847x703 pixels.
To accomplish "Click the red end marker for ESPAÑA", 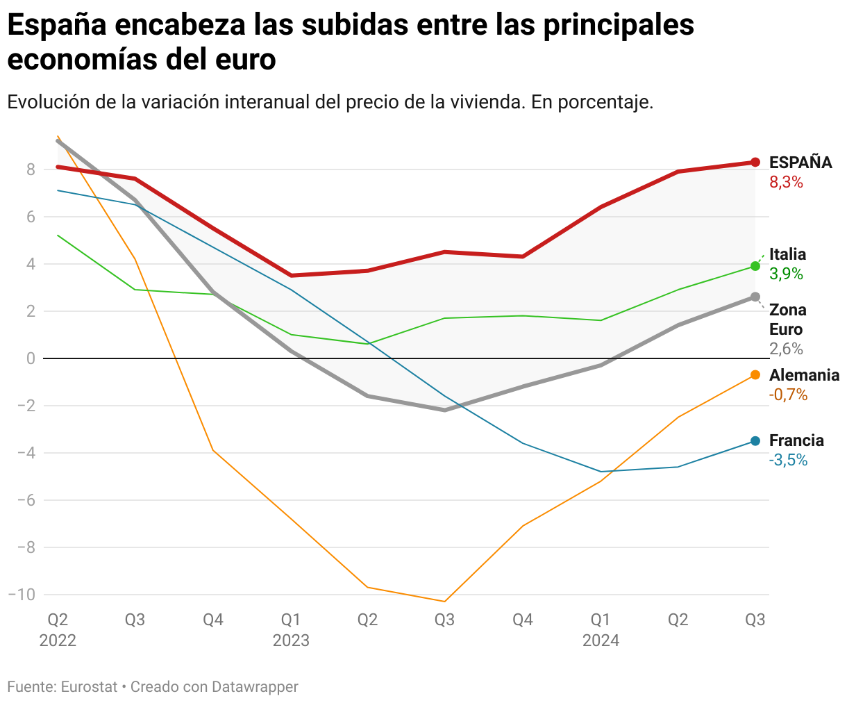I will coord(755,163).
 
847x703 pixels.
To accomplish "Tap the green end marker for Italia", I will coord(755,266).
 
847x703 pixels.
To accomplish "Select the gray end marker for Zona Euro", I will coord(755,297).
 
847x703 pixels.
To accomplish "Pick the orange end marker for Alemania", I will coord(755,375).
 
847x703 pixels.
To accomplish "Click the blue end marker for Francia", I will coord(755,441).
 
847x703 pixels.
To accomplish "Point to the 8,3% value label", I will coord(786,183).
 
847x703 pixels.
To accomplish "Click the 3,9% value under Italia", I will coord(786,274).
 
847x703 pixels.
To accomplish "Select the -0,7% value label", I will coord(788,395).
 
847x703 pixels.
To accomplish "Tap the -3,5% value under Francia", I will coord(788,460).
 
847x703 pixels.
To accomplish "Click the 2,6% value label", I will coord(786,349).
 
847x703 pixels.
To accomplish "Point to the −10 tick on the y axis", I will coord(22,595).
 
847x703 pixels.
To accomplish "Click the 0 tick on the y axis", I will coord(31,358).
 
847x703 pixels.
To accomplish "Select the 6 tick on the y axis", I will coord(31,217).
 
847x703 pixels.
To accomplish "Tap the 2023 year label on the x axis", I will coord(291,640).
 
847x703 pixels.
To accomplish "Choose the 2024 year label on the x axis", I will coord(601,640).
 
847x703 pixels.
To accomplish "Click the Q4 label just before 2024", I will coord(523,619).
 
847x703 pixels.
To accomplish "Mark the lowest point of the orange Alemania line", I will coord(444,602).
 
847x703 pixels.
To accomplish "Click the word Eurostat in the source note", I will coord(89,687).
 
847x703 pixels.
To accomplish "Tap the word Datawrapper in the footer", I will coord(255,687).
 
